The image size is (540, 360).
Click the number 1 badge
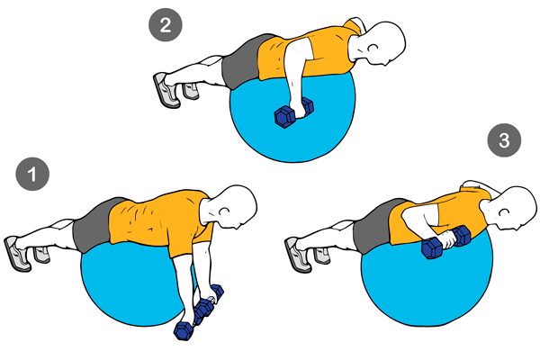point(32,174)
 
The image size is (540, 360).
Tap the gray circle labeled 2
point(166,25)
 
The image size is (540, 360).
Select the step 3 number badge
point(504,140)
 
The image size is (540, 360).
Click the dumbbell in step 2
point(293,112)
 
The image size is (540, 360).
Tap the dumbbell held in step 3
point(446,242)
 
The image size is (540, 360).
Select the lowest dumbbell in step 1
point(184,330)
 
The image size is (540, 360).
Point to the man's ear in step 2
point(373,48)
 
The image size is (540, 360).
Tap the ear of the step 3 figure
point(504,212)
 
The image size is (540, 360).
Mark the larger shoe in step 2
point(166,90)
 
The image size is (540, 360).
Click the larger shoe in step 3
point(298,255)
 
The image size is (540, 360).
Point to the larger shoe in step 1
point(17,254)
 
